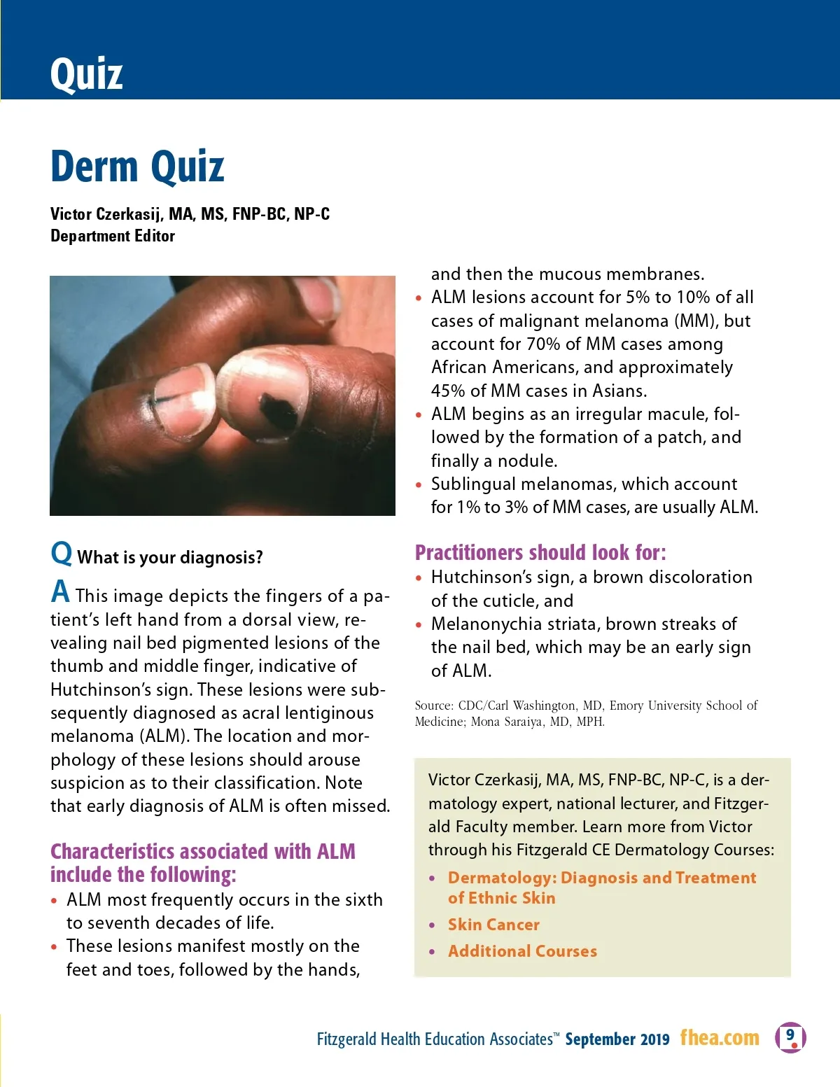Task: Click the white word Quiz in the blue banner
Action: pos(86,73)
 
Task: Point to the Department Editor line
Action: pos(113,236)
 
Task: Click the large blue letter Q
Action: pos(61,553)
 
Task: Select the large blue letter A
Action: pos(60,592)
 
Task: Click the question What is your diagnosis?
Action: pos(170,557)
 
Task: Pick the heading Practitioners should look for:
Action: pos(540,552)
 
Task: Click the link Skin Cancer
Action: pos(493,925)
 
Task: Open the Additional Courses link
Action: pos(522,951)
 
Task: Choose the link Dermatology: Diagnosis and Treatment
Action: pos(602,878)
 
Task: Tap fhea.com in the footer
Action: pos(720,1037)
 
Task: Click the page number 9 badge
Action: pos(790,1037)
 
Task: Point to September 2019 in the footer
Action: pos(617,1039)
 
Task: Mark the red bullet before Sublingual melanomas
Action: pos(419,484)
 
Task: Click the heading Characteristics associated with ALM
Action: pos(202,851)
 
